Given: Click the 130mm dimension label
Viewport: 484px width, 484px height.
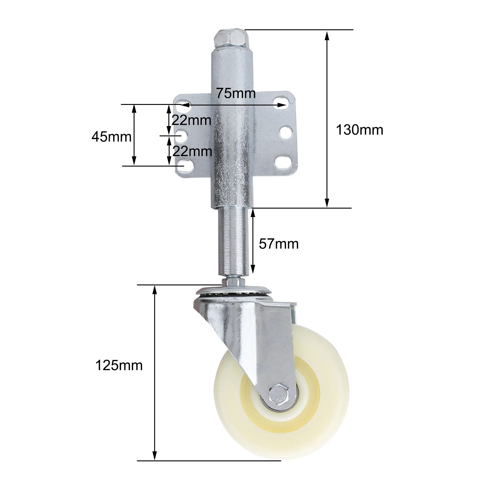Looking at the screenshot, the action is tap(359, 130).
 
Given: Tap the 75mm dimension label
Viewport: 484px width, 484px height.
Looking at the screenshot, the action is tap(236, 93).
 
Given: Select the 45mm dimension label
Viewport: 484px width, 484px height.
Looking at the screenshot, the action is tap(112, 137).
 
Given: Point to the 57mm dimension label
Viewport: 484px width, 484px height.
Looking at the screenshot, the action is tap(279, 244).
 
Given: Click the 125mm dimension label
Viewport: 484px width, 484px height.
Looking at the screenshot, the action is tap(119, 365).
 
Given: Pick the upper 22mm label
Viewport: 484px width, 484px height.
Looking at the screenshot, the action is tap(191, 121).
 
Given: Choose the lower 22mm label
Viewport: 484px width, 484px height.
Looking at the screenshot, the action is tap(192, 151).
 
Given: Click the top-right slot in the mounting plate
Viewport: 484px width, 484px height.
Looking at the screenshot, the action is tap(281, 101).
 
